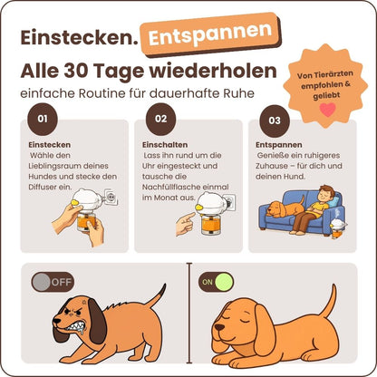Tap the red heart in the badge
tap(327, 107)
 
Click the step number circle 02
tap(160, 119)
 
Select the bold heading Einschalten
tap(165, 143)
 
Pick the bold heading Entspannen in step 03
tap(279, 143)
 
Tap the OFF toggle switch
tap(52, 282)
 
